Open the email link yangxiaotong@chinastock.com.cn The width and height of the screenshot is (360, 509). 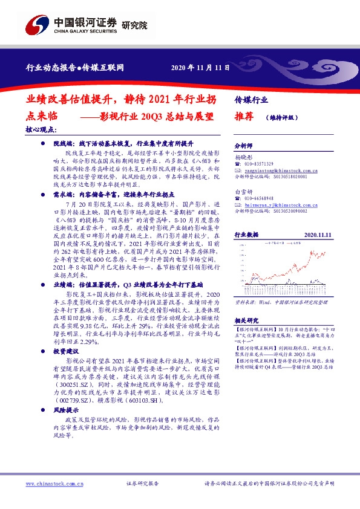coord(278,170)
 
